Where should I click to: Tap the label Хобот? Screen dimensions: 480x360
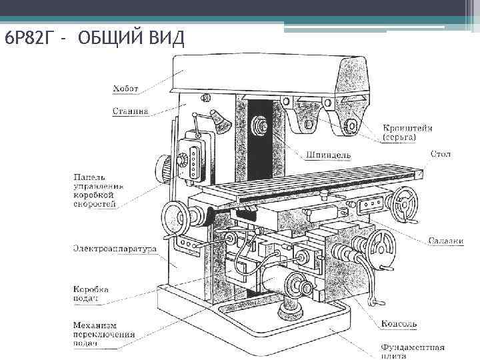[x=126, y=87]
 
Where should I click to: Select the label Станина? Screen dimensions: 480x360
[x=131, y=111]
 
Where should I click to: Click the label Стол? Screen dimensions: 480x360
[x=440, y=154]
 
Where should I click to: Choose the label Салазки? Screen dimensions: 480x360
[x=445, y=241]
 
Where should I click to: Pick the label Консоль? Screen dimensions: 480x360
[x=399, y=324]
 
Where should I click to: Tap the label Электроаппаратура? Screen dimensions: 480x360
[x=115, y=249]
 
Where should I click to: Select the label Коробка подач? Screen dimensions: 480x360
[x=91, y=294]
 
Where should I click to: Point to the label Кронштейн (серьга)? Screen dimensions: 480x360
[x=407, y=132]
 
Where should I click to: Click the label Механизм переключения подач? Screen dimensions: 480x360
[x=104, y=334]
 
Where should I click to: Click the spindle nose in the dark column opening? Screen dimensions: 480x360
[x=259, y=125]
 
